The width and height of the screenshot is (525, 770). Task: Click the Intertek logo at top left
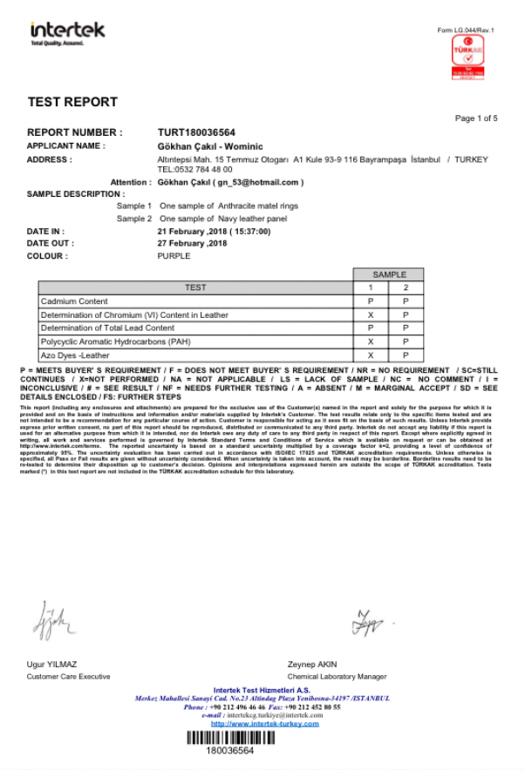67,32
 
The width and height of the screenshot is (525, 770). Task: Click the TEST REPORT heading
72,102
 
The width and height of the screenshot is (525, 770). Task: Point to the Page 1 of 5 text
476,118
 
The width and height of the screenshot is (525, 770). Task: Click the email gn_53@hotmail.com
259,182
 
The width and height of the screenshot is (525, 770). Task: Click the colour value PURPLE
174,256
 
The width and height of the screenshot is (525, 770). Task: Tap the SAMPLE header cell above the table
389,274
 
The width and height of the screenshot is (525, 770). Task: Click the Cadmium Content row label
74,301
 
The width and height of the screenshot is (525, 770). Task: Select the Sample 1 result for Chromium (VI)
371,314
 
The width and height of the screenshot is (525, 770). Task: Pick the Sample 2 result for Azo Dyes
406,355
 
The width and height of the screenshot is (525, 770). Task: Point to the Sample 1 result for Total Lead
371,328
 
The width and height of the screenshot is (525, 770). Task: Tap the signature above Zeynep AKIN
364,622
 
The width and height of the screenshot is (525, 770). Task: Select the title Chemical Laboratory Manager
337,676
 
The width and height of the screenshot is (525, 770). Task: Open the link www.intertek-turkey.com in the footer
265,724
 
